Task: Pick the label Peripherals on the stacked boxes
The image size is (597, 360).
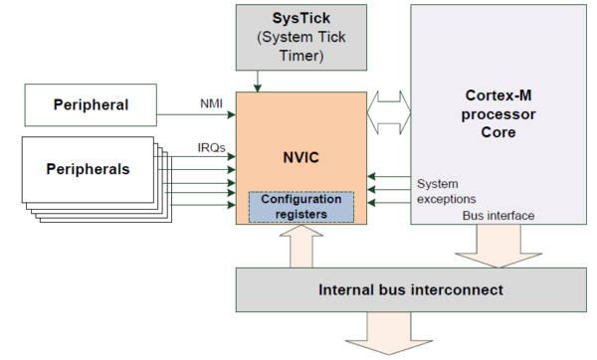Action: pyautogui.click(x=88, y=168)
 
